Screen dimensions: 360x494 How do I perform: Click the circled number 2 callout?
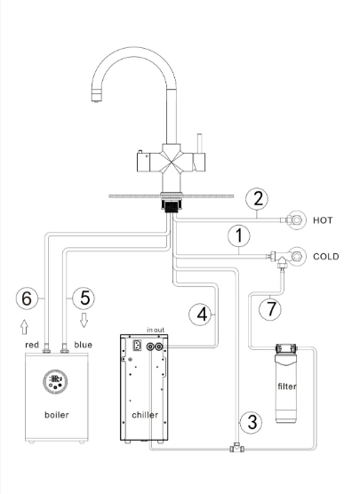click(x=257, y=199)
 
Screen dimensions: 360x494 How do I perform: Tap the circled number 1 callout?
click(x=239, y=235)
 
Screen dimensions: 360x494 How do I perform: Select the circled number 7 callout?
click(x=270, y=309)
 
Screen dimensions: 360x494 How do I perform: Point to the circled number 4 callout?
click(x=201, y=315)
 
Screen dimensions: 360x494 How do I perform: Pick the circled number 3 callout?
click(x=252, y=422)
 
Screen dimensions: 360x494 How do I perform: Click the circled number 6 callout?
click(x=27, y=298)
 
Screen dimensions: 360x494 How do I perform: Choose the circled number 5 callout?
click(x=84, y=298)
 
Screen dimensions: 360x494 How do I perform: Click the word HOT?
click(x=323, y=220)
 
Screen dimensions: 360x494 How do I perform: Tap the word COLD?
click(x=326, y=257)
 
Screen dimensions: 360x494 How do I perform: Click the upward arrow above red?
click(x=24, y=327)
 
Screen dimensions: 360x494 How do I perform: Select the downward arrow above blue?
click(x=84, y=320)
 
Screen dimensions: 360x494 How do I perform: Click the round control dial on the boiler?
click(x=55, y=381)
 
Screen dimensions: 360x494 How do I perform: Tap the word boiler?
click(x=57, y=415)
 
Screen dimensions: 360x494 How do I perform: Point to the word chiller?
click(x=145, y=415)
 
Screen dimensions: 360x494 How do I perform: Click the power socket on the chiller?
click(x=138, y=346)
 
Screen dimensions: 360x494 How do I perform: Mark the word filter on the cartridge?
click(x=287, y=386)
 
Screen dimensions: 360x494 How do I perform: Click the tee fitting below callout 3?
click(x=236, y=448)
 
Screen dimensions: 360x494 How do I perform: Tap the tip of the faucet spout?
click(x=96, y=100)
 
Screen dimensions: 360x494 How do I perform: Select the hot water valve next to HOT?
click(x=294, y=220)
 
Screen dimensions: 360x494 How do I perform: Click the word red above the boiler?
click(x=32, y=345)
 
